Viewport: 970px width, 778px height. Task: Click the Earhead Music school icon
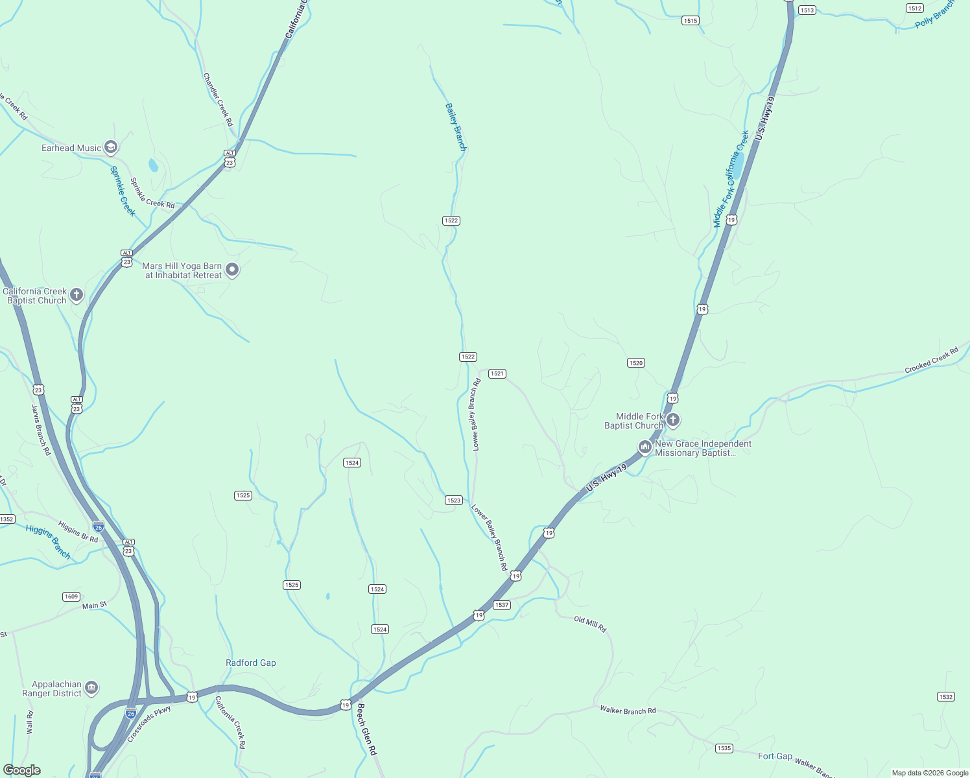111,148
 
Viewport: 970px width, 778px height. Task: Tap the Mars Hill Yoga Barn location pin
232,270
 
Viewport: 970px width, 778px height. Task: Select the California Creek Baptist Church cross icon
77,296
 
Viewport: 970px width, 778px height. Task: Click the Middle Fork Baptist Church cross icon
673,420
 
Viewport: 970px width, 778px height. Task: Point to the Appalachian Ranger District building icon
91,688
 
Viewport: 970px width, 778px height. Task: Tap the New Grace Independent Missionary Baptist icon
645,447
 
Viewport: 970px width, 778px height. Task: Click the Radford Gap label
251,663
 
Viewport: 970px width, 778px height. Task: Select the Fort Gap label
775,756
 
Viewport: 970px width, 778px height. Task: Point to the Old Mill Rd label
590,624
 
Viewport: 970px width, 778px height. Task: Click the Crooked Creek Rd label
931,361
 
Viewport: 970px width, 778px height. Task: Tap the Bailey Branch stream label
456,126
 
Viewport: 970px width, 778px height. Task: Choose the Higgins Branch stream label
48,541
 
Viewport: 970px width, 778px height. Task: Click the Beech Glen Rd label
366,729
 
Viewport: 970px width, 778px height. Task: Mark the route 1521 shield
497,373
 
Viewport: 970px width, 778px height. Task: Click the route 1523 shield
454,500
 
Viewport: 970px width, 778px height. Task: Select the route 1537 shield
502,605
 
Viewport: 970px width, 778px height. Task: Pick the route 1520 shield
636,363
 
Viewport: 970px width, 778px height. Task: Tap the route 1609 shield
71,596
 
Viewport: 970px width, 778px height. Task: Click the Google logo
22,770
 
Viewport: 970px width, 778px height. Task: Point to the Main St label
95,606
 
